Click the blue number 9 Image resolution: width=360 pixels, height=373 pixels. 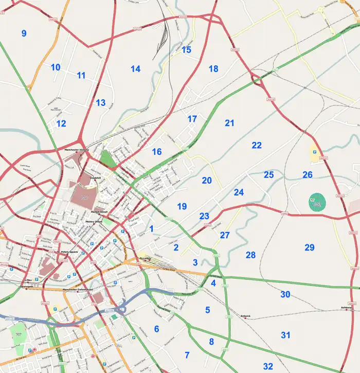[x=24, y=33]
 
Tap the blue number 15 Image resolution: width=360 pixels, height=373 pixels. [x=186, y=50]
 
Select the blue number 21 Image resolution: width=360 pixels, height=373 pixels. [x=229, y=123]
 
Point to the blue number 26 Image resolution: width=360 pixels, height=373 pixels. [x=308, y=175]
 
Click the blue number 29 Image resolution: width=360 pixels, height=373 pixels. [x=309, y=247]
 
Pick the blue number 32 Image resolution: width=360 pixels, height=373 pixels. [x=268, y=366]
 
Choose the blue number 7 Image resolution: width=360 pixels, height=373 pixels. [x=187, y=355]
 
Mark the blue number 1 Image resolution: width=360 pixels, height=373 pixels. [x=151, y=228]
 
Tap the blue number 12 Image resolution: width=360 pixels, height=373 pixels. [x=61, y=123]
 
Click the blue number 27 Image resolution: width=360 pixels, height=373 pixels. [x=225, y=235]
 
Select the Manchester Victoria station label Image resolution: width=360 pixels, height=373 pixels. [x=76, y=150]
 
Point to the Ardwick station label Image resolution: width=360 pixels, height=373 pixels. [x=245, y=316]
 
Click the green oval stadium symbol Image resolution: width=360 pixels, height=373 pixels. [x=317, y=201]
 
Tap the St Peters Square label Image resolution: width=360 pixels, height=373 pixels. [x=67, y=252]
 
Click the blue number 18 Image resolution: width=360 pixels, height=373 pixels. [x=213, y=68]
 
